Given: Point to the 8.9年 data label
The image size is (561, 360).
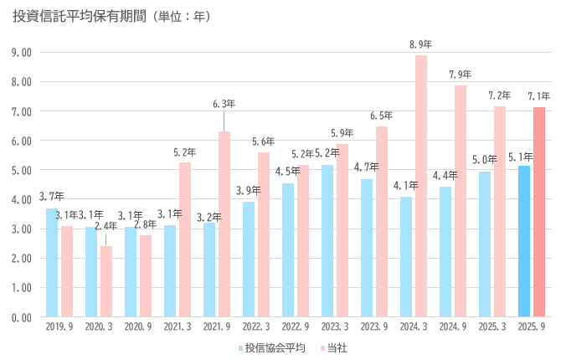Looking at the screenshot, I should click(x=420, y=44).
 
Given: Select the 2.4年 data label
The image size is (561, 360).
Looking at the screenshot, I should click(x=106, y=225).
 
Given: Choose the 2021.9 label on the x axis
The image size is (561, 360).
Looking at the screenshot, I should click(x=216, y=328).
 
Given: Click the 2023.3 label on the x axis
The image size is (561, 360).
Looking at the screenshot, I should click(x=333, y=328).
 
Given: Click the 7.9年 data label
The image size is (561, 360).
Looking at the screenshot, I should click(x=460, y=75).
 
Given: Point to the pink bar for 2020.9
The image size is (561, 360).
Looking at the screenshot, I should click(x=146, y=275).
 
